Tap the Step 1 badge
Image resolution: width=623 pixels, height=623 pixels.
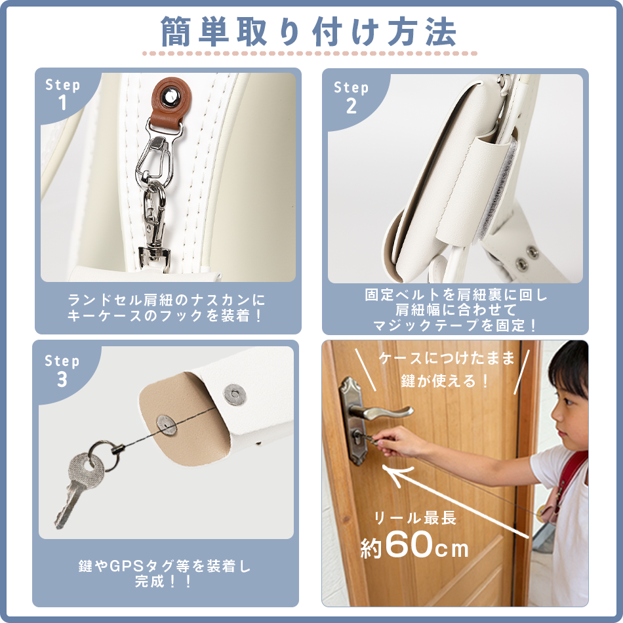point(63,94)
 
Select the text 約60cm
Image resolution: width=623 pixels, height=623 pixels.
point(414,546)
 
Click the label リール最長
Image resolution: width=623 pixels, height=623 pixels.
point(414,518)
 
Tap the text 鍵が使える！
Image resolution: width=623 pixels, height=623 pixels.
point(445,380)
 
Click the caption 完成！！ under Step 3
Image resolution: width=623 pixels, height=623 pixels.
point(164,580)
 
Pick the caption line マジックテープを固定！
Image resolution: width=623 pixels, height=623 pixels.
point(455,325)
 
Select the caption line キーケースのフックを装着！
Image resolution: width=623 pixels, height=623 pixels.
point(167,315)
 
